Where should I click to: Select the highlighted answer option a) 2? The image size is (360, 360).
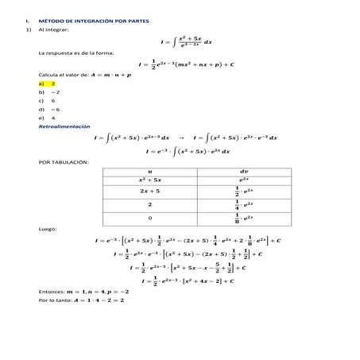[47, 83]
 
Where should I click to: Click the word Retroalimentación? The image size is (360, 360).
[64, 128]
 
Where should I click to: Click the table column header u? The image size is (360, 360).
[149, 170]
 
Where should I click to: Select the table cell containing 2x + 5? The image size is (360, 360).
[149, 191]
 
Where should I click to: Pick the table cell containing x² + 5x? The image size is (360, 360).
[149, 180]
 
